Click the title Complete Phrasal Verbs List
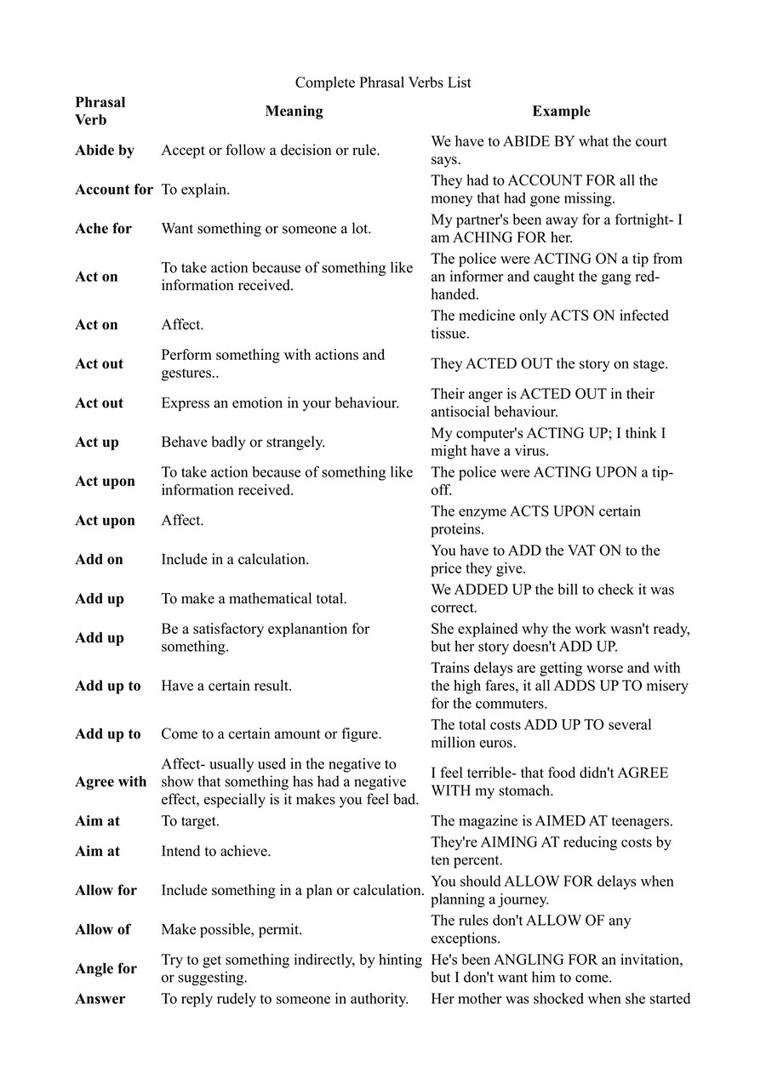(x=383, y=83)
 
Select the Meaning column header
(x=294, y=111)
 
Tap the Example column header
(x=561, y=111)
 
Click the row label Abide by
(x=105, y=151)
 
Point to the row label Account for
(x=114, y=190)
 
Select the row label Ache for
(x=103, y=229)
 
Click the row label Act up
(x=97, y=442)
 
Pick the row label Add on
(x=99, y=560)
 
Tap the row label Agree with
(x=111, y=782)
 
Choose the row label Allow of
(x=102, y=930)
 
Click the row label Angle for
(x=106, y=969)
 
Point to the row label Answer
(x=100, y=999)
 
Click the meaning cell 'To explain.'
(x=196, y=190)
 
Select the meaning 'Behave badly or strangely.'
(x=243, y=442)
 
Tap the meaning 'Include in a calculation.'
(x=235, y=560)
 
